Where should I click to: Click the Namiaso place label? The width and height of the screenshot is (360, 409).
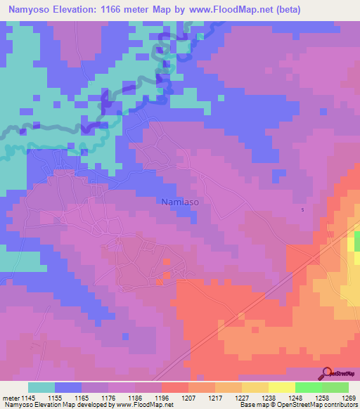[x=179, y=202]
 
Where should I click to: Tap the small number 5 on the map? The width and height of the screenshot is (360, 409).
[x=303, y=210]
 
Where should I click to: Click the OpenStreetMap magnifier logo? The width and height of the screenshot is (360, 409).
[x=326, y=373]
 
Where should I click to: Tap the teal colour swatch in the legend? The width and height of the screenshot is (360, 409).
[x=41, y=387]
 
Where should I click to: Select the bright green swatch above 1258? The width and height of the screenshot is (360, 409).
[x=309, y=387]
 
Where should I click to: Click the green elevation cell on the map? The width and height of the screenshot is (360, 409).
[x=356, y=242]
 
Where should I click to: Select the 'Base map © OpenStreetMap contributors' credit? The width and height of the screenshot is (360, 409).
[x=298, y=405]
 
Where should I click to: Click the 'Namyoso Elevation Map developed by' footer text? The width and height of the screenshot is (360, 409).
[x=60, y=405]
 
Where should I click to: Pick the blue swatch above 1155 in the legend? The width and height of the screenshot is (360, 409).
[x=68, y=387]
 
